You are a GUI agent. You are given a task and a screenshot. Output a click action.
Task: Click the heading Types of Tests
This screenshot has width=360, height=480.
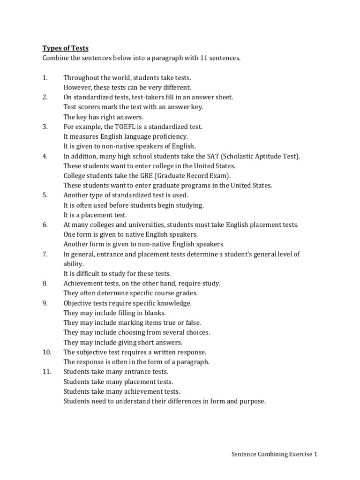pyautogui.click(x=65, y=48)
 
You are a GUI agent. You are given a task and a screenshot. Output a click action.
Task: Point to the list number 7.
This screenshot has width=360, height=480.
pyautogui.click(x=45, y=254)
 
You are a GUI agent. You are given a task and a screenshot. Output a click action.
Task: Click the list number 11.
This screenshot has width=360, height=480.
pyautogui.click(x=46, y=372)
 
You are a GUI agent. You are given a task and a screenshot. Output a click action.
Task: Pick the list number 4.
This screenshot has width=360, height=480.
pyautogui.click(x=45, y=156)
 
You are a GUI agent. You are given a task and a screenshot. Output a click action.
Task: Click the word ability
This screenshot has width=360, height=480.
pyautogui.click(x=73, y=264)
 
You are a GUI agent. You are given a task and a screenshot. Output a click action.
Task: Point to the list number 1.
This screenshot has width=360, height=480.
pyautogui.click(x=45, y=77)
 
